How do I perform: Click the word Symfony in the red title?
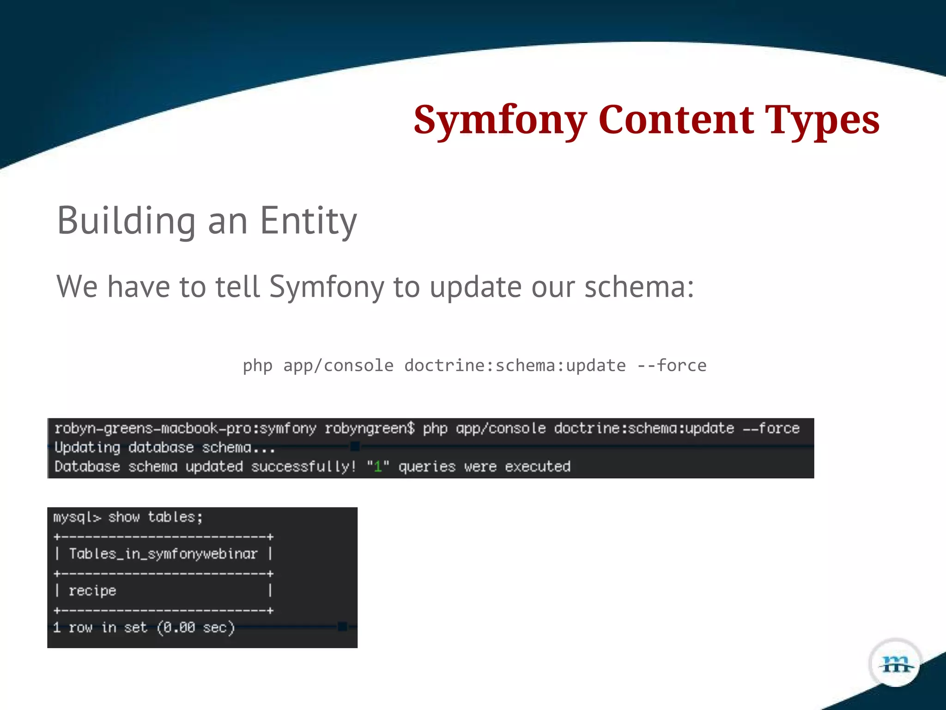tap(500, 120)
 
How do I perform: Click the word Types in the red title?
tap(822, 120)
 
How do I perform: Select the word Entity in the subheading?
tap(308, 221)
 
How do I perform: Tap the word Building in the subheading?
tap(126, 220)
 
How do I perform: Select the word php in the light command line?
tap(257, 366)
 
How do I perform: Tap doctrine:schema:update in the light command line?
tap(515, 366)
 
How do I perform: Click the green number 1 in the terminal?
tap(378, 466)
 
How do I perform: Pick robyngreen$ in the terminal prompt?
tap(370, 428)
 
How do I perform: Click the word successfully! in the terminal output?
tap(303, 466)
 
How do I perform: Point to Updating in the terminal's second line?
tap(87, 447)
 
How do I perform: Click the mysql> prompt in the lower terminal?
tap(77, 517)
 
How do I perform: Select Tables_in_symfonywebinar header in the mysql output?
tap(163, 554)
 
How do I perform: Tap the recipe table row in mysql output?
tap(92, 591)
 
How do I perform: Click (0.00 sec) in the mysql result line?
tap(196, 628)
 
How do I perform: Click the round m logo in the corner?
tap(895, 664)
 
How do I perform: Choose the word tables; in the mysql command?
tap(175, 517)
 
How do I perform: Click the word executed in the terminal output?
tap(538, 466)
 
